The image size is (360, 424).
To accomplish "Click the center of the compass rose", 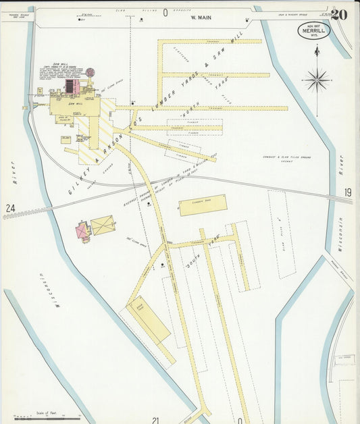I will (316, 80).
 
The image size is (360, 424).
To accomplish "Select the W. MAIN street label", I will (201, 18).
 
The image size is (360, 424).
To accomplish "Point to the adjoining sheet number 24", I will (10, 209).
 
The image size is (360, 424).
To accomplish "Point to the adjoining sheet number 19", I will (347, 193).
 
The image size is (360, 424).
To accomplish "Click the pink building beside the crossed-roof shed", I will (83, 231).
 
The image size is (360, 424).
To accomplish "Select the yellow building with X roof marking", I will (103, 226).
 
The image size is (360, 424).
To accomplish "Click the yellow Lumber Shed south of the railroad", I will (203, 205).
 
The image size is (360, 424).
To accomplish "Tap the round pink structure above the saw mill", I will (91, 72).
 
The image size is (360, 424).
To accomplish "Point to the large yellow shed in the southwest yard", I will (149, 320).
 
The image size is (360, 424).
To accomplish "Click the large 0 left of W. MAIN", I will (165, 12).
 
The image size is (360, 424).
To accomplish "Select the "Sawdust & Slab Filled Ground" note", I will (286, 159).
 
